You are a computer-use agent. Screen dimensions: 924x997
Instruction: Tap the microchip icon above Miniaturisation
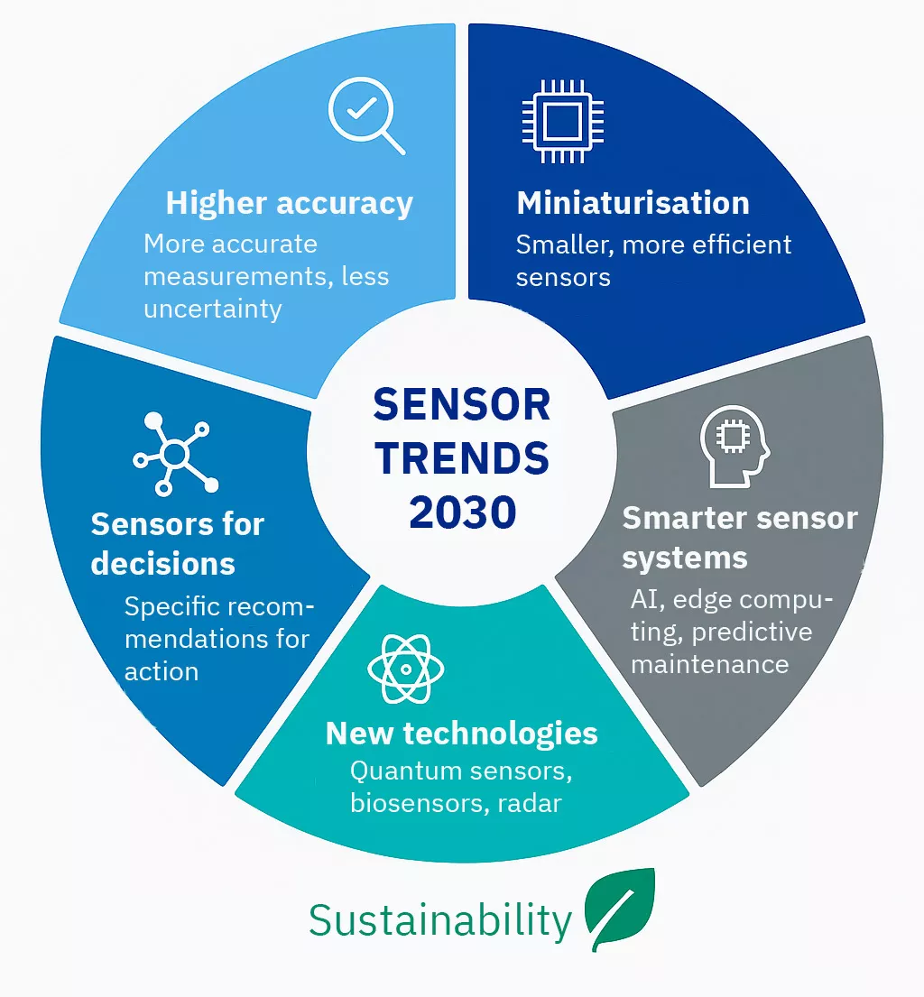[563, 121]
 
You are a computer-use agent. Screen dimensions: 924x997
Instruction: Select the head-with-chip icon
[735, 447]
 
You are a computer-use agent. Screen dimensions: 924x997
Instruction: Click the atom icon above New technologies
[406, 669]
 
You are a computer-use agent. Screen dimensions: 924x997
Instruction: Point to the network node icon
[176, 454]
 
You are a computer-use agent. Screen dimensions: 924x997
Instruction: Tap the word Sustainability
[440, 920]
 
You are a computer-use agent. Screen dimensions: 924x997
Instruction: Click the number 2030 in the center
[462, 512]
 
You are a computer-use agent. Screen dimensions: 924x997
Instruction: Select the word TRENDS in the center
[462, 458]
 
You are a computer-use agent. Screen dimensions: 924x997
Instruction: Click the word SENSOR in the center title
[462, 405]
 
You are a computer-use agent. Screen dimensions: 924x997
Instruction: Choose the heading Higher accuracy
[290, 204]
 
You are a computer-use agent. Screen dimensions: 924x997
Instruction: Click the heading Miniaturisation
[633, 204]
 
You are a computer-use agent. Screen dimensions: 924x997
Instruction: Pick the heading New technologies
[462, 734]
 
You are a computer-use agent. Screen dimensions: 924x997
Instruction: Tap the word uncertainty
[212, 309]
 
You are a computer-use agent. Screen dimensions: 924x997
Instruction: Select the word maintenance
[709, 664]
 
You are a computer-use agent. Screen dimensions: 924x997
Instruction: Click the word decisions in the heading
[162, 564]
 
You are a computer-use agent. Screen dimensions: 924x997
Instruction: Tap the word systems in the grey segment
[684, 559]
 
